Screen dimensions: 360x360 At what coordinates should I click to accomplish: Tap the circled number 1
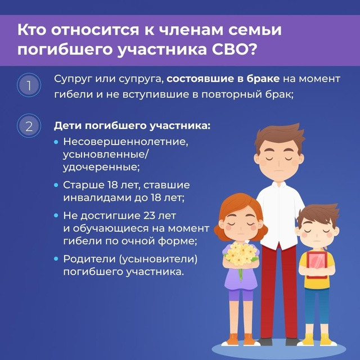pyautogui.click(x=28, y=86)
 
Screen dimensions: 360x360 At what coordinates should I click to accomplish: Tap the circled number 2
pyautogui.click(x=28, y=125)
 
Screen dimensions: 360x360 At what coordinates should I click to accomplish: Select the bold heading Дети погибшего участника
pyautogui.click(x=132, y=125)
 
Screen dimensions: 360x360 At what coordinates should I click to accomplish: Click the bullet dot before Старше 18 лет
pyautogui.click(x=56, y=185)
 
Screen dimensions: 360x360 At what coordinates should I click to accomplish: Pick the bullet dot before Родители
pyautogui.click(x=56, y=259)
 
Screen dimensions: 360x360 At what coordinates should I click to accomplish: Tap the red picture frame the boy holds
pyautogui.click(x=317, y=264)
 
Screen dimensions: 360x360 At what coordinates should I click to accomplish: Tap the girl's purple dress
pyautogui.click(x=241, y=281)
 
